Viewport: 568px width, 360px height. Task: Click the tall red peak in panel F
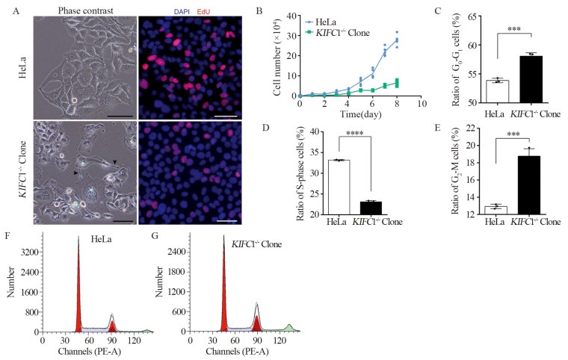click(78, 299)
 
